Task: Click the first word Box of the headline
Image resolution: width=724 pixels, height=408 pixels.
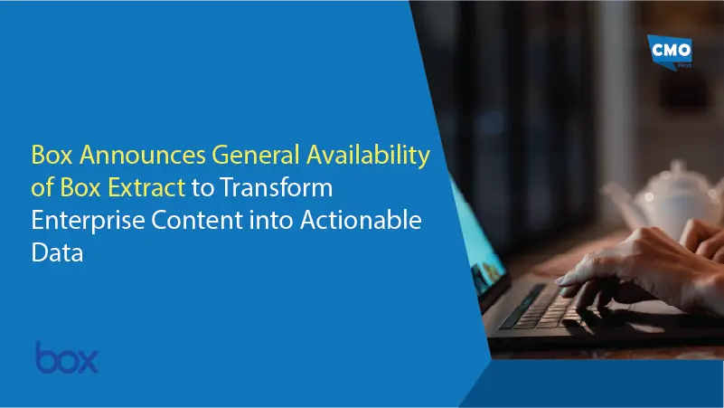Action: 51,156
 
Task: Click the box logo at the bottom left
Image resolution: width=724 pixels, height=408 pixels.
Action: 66,356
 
